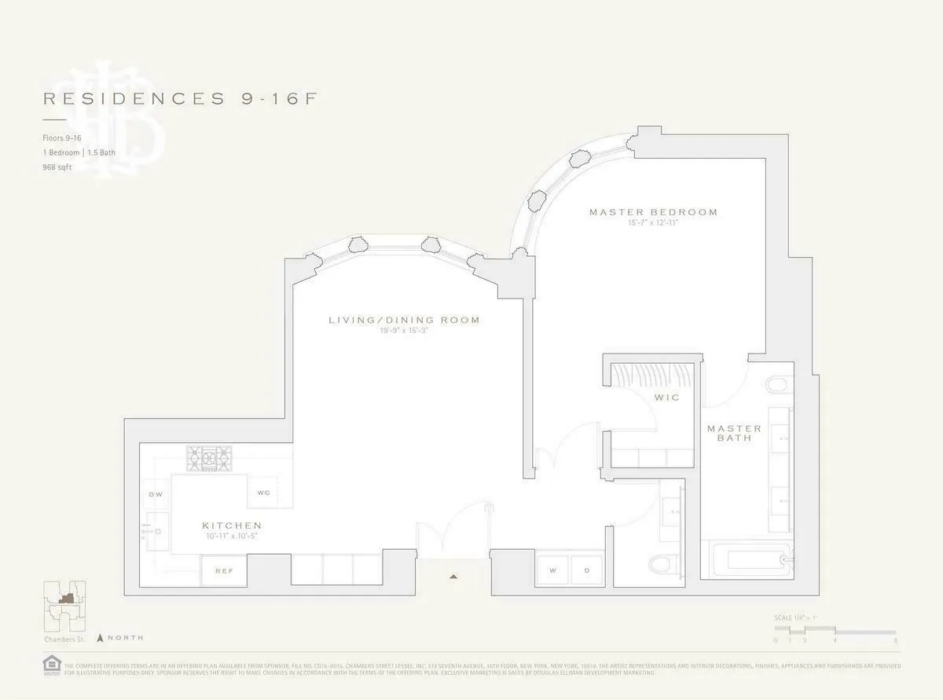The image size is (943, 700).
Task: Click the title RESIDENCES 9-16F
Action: click(180, 98)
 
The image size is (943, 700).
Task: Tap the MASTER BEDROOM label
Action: click(653, 212)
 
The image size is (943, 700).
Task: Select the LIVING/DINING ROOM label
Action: click(404, 320)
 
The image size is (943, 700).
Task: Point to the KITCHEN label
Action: click(231, 525)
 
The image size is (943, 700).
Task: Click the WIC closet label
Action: click(666, 398)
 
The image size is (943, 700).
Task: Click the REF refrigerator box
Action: click(224, 570)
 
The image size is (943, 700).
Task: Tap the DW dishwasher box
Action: click(156, 494)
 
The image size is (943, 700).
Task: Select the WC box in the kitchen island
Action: click(263, 493)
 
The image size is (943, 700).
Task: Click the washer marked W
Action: click(553, 570)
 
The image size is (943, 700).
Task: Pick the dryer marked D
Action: click(586, 570)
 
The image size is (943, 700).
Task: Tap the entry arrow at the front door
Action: click(453, 577)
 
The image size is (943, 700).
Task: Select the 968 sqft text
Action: click(57, 167)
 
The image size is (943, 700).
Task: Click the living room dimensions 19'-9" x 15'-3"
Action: click(404, 331)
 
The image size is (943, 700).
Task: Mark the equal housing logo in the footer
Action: click(52, 665)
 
